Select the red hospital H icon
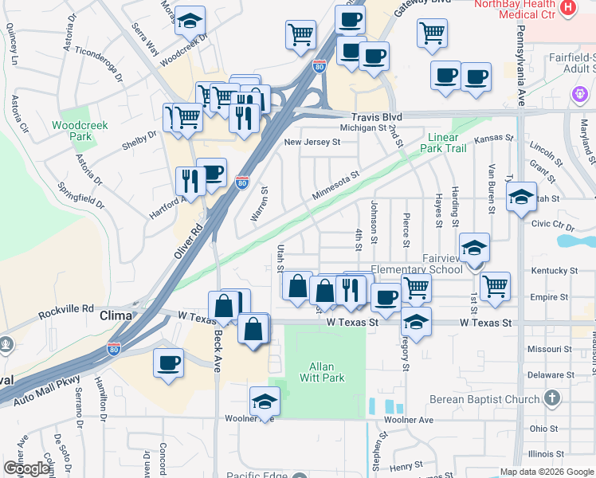[568, 8]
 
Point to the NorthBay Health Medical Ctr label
[520, 9]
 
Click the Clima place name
[115, 316]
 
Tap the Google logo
[27, 468]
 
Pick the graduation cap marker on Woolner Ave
[265, 401]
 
